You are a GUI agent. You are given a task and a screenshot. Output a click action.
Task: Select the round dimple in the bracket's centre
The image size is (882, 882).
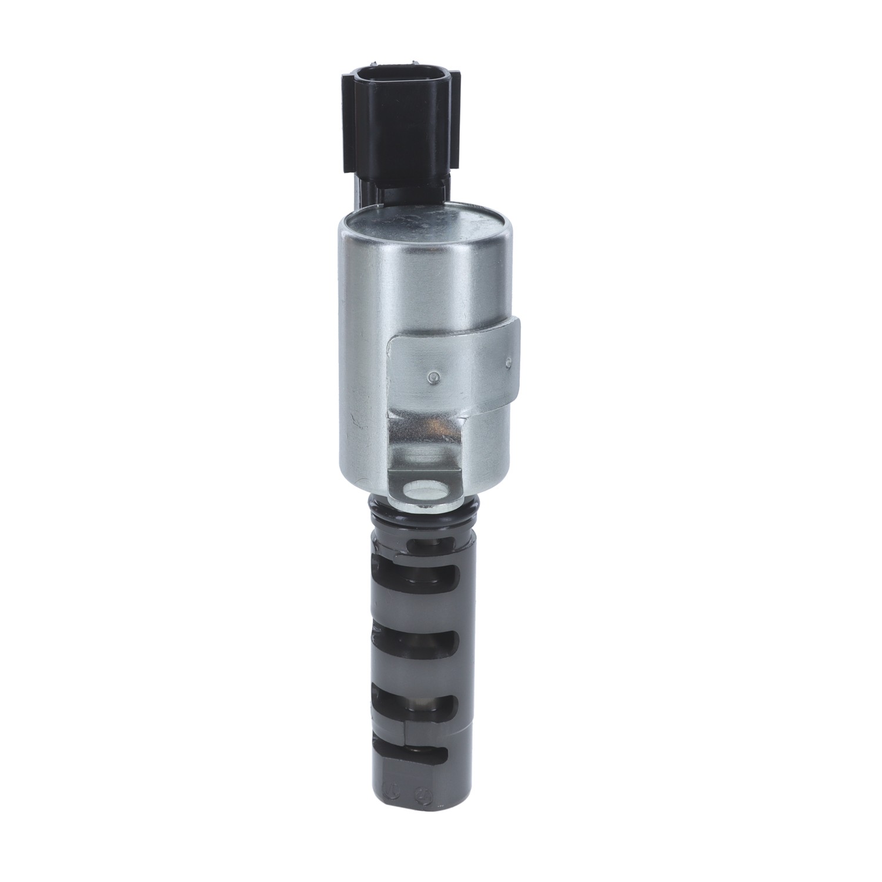click(x=433, y=377)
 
